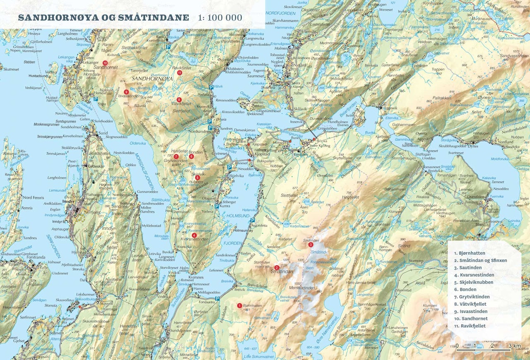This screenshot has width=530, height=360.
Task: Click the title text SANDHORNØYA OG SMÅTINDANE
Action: (103, 18)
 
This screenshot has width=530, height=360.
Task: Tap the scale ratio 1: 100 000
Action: (220, 18)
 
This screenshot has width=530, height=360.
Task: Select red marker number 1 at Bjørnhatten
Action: (239, 305)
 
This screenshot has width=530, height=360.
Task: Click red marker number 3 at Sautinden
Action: (311, 245)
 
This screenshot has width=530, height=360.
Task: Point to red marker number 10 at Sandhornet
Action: (105, 62)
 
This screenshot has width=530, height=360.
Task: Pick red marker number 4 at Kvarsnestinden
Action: (194, 235)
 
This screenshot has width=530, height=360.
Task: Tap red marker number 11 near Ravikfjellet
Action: (179, 73)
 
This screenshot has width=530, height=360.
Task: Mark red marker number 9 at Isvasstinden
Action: (126, 91)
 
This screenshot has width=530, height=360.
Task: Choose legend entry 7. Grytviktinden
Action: (472, 297)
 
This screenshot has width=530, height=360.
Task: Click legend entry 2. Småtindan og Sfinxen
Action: (480, 260)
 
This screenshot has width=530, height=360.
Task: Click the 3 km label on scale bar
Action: (515, 346)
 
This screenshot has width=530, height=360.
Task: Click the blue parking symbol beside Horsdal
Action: (95, 99)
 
